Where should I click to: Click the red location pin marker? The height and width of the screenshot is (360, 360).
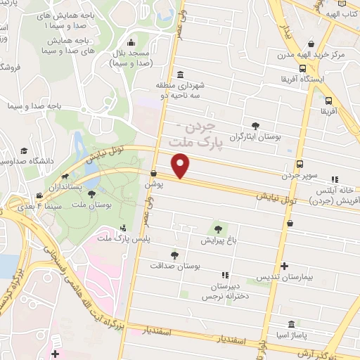(181, 167)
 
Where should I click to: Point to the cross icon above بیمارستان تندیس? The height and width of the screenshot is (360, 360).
(284, 266)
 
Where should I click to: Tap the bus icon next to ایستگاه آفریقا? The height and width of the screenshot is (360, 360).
(302, 69)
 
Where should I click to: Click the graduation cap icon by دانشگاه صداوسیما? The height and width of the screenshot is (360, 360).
(25, 151)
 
